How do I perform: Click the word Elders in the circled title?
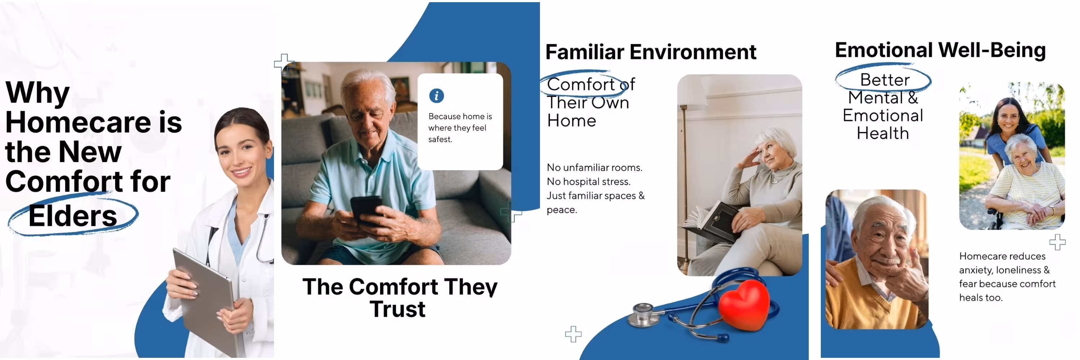(x=72, y=216)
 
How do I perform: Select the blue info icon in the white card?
(x=436, y=95)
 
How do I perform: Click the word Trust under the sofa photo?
(x=397, y=309)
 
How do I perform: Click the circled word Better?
(x=885, y=80)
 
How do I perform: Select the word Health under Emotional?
(x=882, y=133)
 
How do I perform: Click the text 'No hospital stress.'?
(x=589, y=181)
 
